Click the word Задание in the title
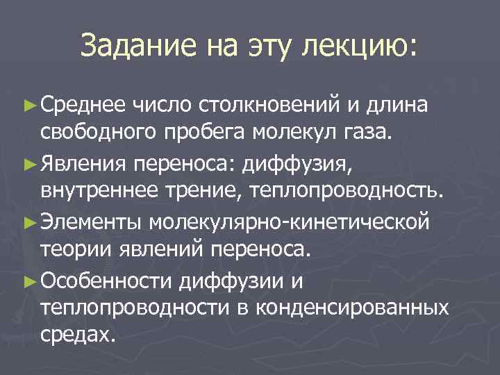[137, 47]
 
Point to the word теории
[69, 251]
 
